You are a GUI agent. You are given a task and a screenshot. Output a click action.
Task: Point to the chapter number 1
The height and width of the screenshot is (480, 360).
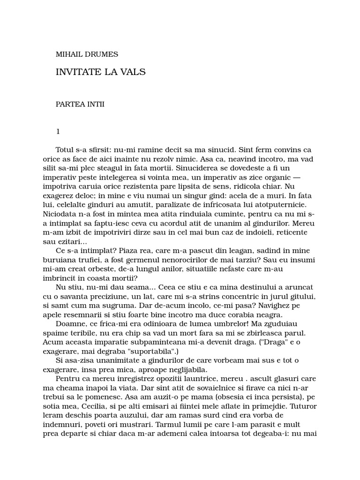(58, 132)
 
